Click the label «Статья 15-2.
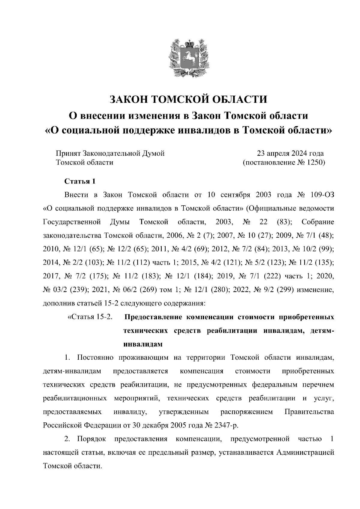pos(90,317)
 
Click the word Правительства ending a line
pos(309,412)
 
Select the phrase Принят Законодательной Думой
pos(110,153)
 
